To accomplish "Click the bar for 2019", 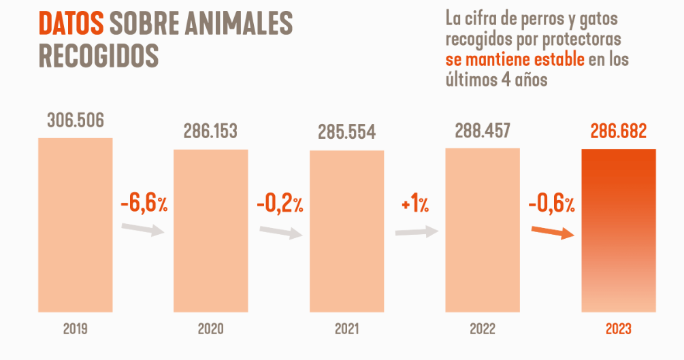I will pos(75,225).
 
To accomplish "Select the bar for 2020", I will pos(210,231).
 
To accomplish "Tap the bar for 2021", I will pos(346,231).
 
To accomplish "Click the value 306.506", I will pos(75,121).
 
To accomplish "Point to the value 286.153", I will pos(210,131).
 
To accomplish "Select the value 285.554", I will pos(346,132).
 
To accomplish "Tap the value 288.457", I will pos(483,130).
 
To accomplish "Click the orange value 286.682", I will pos(618,131).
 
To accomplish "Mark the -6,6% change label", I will pos(143,204).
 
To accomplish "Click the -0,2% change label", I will pos(280,204).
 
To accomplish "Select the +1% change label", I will pos(414,204).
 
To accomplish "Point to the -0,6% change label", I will pos(551,204).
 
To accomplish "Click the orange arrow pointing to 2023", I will pos(551,233).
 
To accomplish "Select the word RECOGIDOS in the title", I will pos(99,55).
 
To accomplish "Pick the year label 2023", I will pos(618,329).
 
